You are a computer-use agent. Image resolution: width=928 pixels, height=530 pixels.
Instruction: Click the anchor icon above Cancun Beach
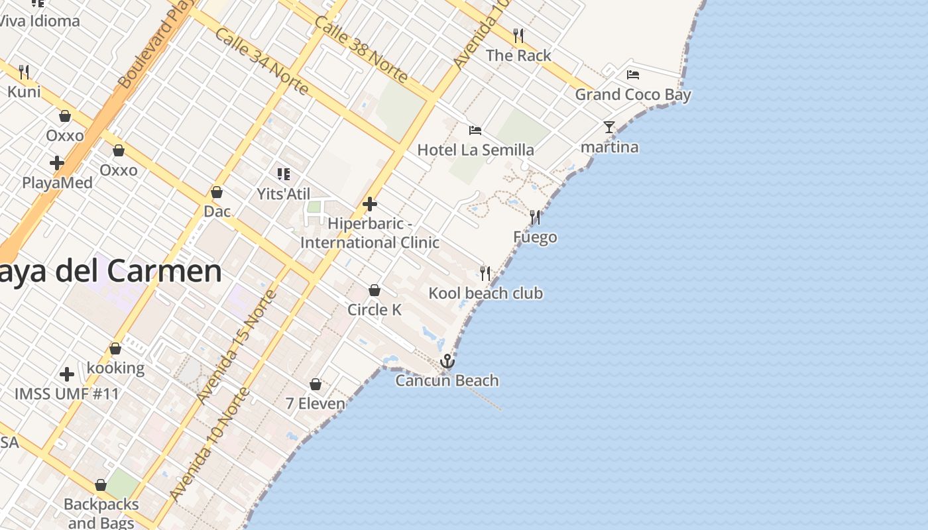(x=447, y=362)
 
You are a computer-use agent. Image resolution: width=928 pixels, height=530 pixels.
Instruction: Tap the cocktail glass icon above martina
(x=609, y=127)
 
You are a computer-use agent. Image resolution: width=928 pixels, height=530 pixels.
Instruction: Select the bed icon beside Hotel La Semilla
(x=475, y=130)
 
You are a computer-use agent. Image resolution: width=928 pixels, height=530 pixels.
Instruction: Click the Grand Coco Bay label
(x=632, y=95)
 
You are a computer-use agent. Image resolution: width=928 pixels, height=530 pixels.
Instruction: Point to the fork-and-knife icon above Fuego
(x=534, y=217)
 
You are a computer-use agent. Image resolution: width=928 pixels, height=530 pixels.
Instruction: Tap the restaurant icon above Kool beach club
(x=485, y=273)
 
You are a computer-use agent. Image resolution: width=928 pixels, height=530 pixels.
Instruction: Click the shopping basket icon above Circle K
(x=375, y=290)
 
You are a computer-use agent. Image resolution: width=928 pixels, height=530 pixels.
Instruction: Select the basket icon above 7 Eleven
(x=316, y=384)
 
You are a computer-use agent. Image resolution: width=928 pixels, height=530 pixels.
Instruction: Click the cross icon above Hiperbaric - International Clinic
(x=370, y=204)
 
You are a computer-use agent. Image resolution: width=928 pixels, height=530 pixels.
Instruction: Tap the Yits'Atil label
(x=284, y=194)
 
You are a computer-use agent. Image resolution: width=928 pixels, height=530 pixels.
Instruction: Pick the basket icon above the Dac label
(x=217, y=192)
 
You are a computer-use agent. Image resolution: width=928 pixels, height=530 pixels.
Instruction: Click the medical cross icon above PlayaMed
(x=57, y=162)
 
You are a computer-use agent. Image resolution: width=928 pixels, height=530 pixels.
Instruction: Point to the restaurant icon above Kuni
(x=24, y=71)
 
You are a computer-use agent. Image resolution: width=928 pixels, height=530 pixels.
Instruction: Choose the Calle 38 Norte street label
(x=361, y=49)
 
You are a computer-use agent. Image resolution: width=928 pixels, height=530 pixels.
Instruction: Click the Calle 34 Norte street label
(x=261, y=61)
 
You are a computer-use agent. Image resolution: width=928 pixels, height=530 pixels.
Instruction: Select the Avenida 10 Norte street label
(x=209, y=444)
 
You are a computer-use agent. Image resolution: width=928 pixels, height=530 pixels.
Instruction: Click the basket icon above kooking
(x=115, y=348)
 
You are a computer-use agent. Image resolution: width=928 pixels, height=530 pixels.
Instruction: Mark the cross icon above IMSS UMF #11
(x=67, y=374)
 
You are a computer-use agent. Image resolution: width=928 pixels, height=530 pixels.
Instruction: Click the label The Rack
(x=518, y=56)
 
